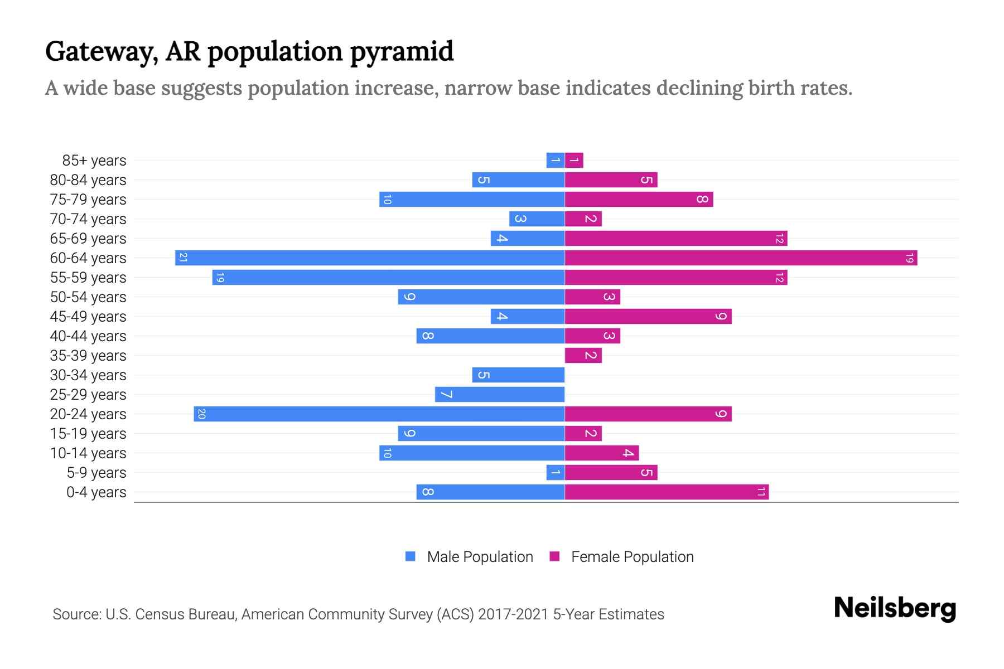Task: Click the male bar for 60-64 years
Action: [370, 258]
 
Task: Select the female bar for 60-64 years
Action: [741, 258]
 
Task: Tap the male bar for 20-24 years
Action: [379, 414]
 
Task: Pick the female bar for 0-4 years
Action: [667, 492]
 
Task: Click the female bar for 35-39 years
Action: [583, 355]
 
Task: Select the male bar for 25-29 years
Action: [500, 394]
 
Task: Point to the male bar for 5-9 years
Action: [556, 472]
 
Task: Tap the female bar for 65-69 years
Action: [675, 238]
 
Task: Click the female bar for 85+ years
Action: [574, 161]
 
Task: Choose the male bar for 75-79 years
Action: [472, 199]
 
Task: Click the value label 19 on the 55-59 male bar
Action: [220, 278]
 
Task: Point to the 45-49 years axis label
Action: [88, 317]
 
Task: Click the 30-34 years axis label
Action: [88, 375]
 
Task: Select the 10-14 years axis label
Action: [88, 453]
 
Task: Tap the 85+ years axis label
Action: [94, 161]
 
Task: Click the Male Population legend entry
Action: [469, 556]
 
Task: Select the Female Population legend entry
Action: [621, 556]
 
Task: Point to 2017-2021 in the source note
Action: [513, 614]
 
